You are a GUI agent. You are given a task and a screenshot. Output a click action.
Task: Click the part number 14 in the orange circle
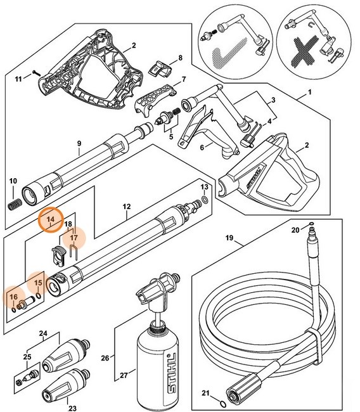(x=51, y=220)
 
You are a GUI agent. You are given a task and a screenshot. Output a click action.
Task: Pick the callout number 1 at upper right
(x=310, y=93)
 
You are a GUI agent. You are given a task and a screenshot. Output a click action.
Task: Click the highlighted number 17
(x=74, y=239)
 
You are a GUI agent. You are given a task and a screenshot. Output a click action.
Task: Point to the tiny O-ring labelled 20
(x=311, y=224)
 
